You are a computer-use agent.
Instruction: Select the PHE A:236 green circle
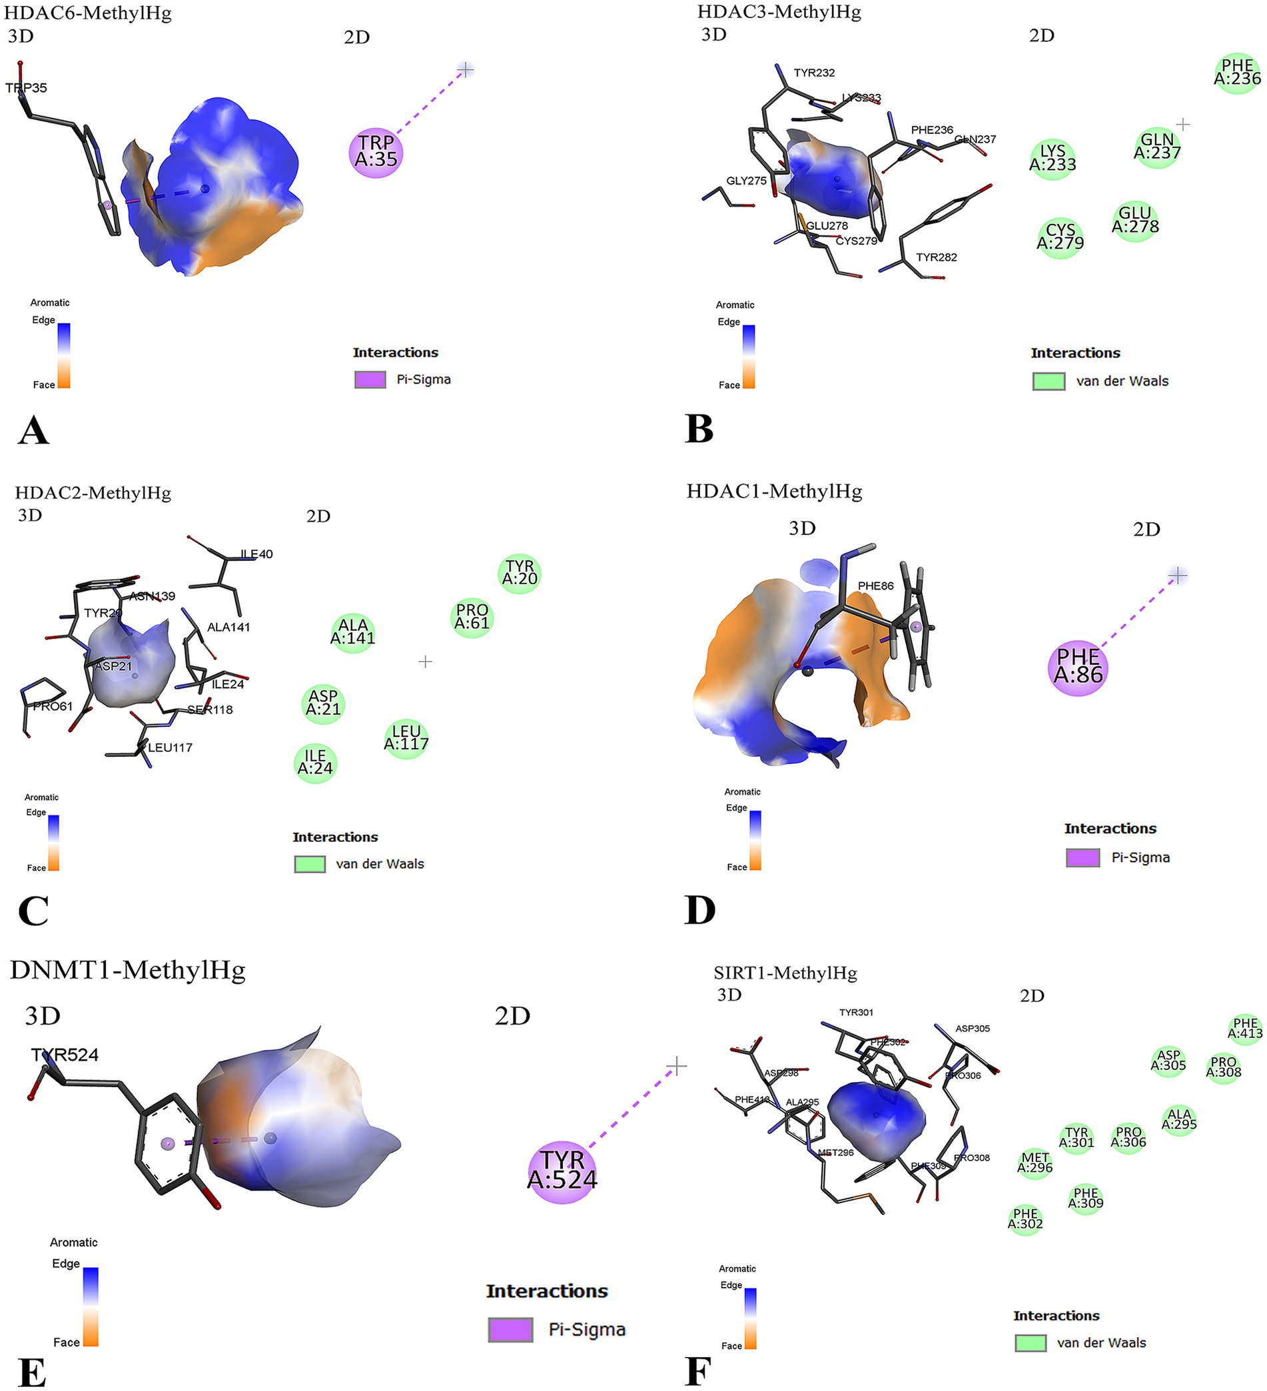tap(1236, 73)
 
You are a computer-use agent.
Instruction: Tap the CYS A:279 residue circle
tap(1060, 236)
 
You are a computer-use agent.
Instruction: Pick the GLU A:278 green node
tap(1134, 220)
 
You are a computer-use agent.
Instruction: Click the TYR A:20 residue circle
tap(519, 573)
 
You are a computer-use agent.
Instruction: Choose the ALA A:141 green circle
tap(352, 632)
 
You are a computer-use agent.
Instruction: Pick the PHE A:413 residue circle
tap(1245, 1028)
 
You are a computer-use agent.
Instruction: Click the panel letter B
tap(699, 428)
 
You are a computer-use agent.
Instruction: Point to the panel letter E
tap(32, 1372)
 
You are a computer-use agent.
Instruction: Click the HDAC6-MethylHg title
tap(88, 13)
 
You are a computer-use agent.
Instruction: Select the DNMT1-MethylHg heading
tap(128, 969)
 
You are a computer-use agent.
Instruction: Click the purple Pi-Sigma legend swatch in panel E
tap(510, 1330)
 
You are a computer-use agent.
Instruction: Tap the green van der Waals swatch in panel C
tap(309, 864)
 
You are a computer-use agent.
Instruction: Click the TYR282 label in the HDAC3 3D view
tap(936, 257)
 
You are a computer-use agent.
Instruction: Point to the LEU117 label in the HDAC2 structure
tap(170, 747)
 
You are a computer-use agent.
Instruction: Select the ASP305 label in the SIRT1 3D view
tap(973, 1028)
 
